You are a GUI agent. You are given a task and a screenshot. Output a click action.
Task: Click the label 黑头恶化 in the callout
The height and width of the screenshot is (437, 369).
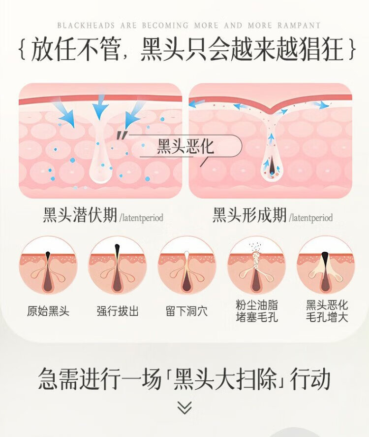coord(185,147)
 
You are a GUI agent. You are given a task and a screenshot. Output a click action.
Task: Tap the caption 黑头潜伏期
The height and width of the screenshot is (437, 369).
coord(80,215)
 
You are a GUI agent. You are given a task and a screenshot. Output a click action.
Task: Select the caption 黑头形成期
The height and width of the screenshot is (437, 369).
coord(249,215)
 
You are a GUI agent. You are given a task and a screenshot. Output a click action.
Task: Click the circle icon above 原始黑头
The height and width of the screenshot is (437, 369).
coord(48,266)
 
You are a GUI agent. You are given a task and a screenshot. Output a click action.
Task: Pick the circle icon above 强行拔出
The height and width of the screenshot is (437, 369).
coord(117,266)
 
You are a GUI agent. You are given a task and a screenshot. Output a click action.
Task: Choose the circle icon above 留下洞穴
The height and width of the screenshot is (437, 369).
coord(186,266)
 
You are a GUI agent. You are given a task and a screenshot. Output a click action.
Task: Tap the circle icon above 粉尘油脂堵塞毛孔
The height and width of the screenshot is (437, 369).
coord(256,266)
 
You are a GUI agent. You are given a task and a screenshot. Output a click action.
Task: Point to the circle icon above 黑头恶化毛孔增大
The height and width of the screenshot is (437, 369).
coord(326,266)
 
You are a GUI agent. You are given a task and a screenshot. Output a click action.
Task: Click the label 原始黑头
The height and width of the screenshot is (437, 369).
coord(48,311)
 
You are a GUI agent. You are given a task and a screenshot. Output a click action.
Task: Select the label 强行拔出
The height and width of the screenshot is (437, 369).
coord(117,311)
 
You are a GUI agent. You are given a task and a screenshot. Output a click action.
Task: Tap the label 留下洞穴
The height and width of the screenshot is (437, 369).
coord(186,311)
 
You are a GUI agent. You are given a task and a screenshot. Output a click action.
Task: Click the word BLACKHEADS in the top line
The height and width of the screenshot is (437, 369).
coord(79,25)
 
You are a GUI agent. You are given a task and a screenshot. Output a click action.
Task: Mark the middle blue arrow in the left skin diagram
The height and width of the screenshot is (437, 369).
coord(100,105)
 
